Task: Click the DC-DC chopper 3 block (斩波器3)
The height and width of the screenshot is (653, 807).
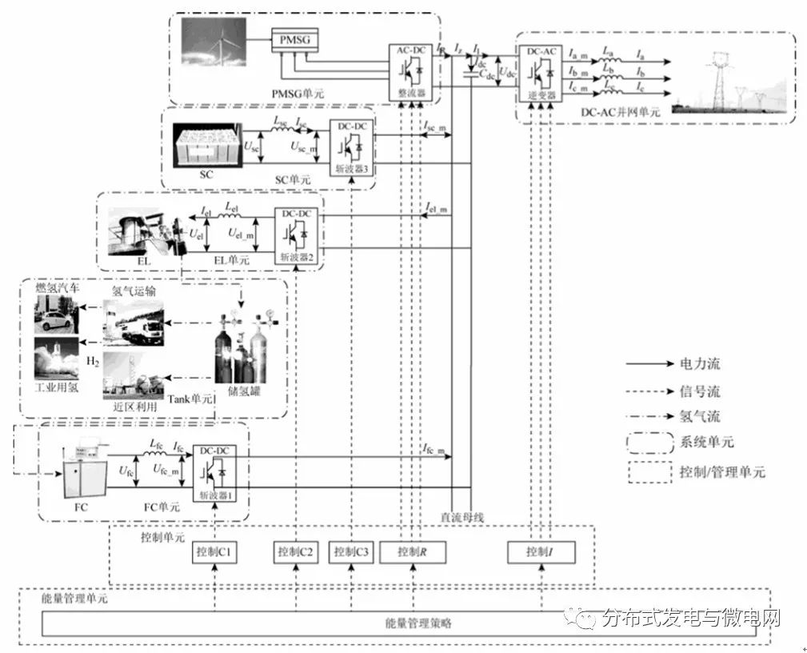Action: [x=352, y=148]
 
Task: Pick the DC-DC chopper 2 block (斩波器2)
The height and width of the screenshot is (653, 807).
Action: [x=294, y=235]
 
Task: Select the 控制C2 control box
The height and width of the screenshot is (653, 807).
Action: [x=296, y=552]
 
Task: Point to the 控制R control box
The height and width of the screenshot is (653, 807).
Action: [x=412, y=552]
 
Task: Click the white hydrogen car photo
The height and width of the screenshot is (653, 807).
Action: [x=56, y=317]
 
